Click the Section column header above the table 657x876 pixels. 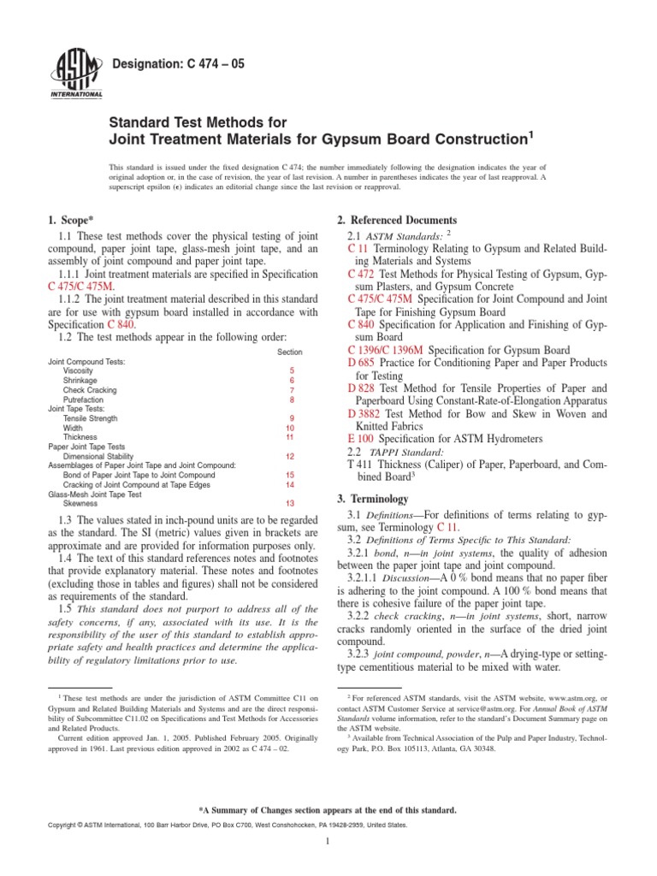(x=290, y=352)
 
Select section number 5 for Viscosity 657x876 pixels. (x=291, y=371)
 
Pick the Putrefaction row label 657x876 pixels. (x=83, y=400)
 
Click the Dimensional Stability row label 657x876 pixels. (x=97, y=456)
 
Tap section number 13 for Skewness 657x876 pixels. (x=290, y=503)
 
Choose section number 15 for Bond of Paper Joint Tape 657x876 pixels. (x=290, y=475)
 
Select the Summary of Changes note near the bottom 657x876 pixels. (x=328, y=808)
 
